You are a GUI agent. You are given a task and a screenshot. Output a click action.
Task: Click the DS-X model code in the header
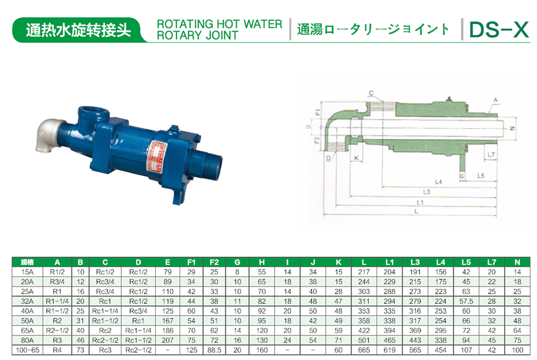click(499, 29)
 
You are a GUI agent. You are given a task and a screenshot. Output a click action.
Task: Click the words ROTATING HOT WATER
click(219, 24)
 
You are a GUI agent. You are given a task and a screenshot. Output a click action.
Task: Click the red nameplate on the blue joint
click(156, 156)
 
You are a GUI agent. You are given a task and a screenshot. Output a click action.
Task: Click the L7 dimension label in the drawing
click(491, 155)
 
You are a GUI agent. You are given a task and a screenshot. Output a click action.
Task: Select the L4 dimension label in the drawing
click(439, 181)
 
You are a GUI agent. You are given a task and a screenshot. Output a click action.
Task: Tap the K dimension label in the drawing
click(356, 158)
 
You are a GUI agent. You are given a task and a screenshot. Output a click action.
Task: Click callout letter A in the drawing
click(495, 100)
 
